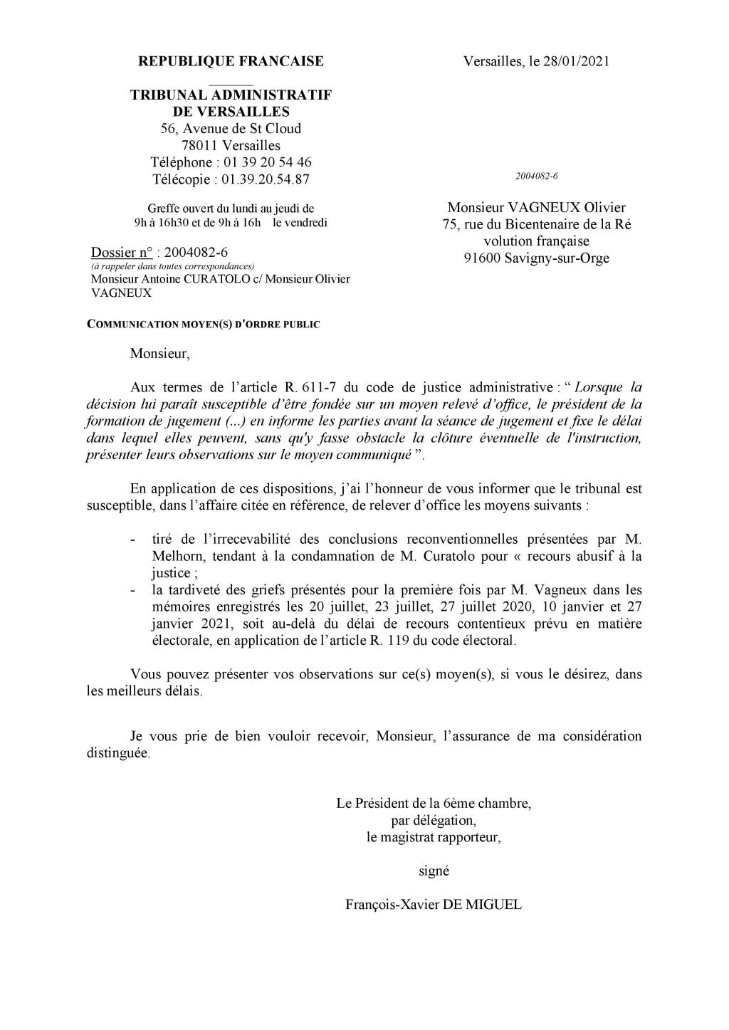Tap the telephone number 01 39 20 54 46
coord(268,162)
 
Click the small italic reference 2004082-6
coord(536,175)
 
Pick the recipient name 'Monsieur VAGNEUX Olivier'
coord(536,208)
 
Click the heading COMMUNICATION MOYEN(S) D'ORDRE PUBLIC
coord(203,325)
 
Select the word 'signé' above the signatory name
coord(434,871)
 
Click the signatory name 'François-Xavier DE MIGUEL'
coord(433,905)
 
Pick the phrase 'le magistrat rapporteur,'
coord(434,837)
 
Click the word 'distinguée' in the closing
coord(117,753)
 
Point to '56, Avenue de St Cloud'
coord(230,128)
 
